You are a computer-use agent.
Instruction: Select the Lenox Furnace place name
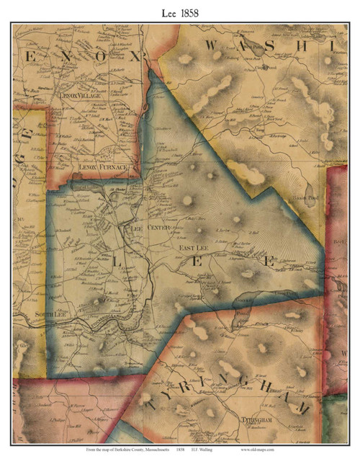click(102, 168)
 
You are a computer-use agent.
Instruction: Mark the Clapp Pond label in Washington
click(266, 67)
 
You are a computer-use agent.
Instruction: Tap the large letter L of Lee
click(115, 264)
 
